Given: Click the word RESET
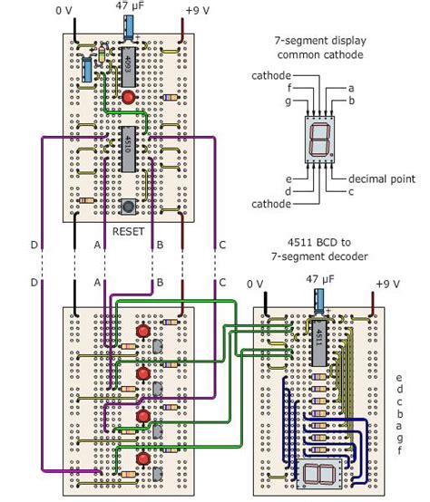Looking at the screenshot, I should (x=128, y=231).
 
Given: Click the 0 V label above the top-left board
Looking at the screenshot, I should (x=64, y=11).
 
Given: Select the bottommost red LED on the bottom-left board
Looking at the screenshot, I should (x=142, y=459).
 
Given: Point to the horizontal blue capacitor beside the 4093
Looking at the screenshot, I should (x=87, y=67).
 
